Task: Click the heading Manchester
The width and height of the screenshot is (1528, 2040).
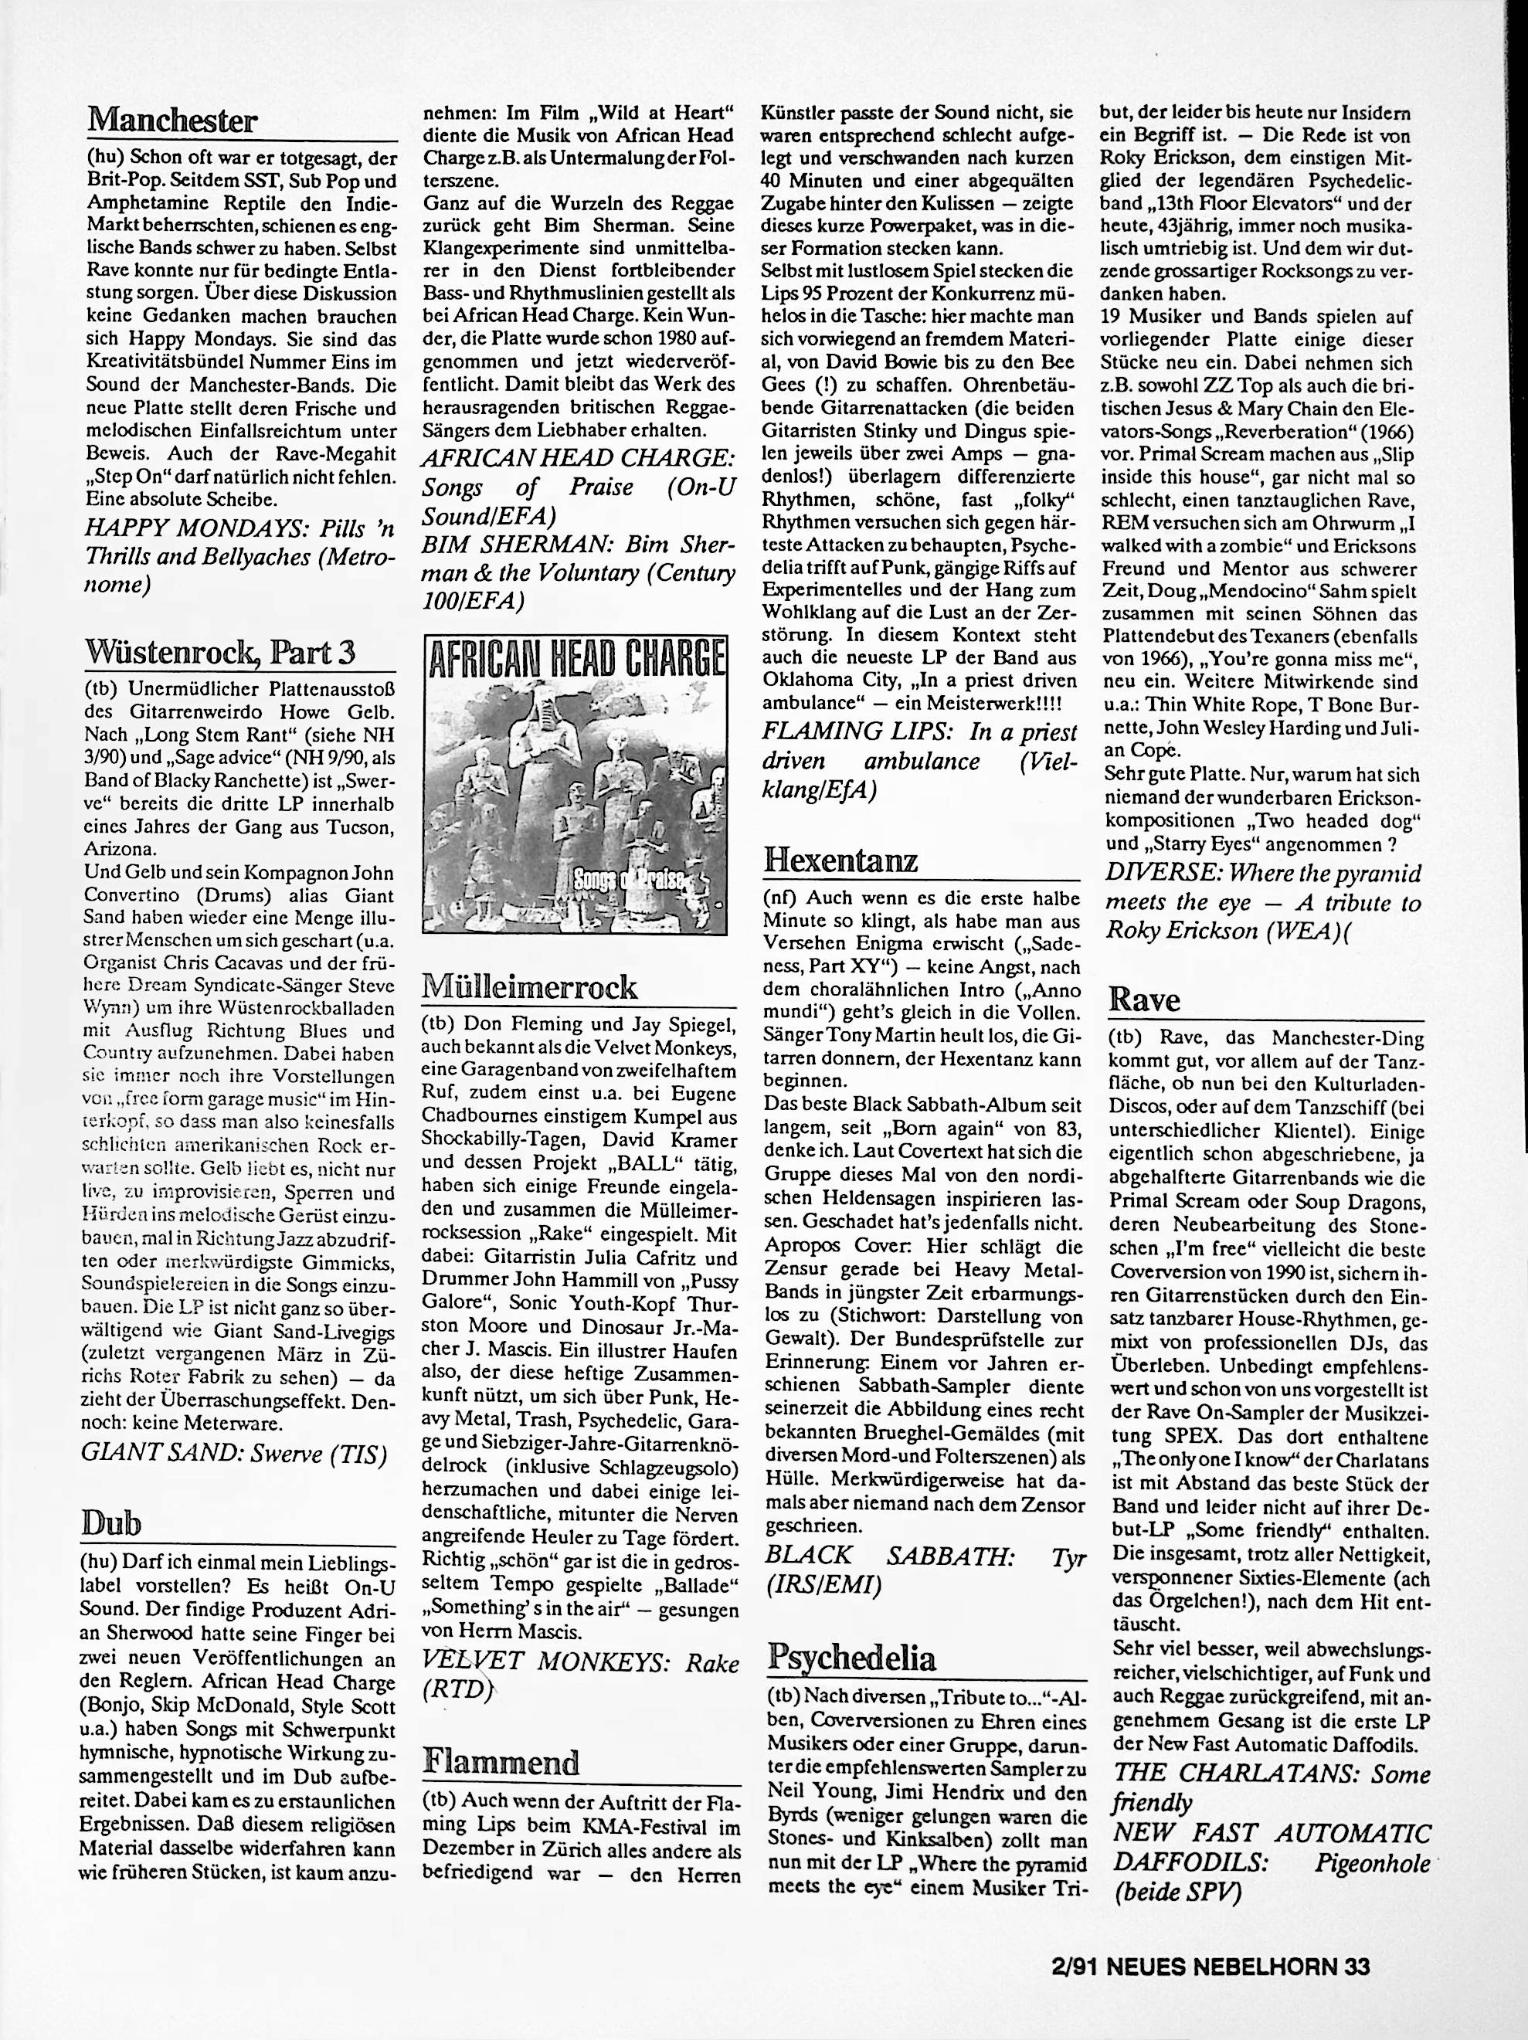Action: [171, 120]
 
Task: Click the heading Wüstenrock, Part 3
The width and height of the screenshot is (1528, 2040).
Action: [219, 652]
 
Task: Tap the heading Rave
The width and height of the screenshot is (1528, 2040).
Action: [1143, 999]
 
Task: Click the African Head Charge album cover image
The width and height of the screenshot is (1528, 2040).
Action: [575, 783]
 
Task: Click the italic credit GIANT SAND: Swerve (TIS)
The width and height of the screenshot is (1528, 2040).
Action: [234, 1454]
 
